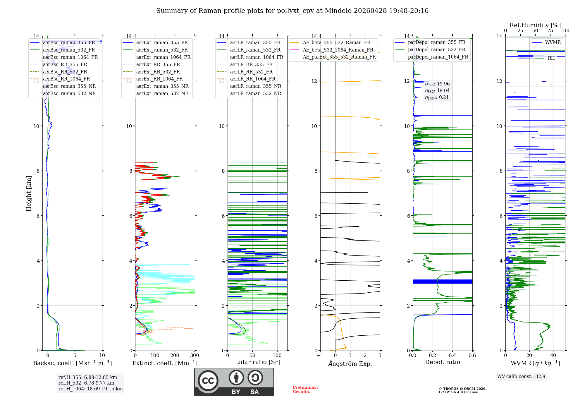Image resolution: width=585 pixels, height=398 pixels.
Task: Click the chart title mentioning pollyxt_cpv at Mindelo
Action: pyautogui.click(x=292, y=11)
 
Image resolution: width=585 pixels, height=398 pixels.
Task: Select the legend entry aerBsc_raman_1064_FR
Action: pyautogui.click(x=70, y=57)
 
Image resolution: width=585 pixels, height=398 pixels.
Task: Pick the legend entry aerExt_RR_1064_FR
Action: pyautogui.click(x=159, y=79)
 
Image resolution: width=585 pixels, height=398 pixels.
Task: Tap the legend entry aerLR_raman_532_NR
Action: pyautogui.click(x=255, y=93)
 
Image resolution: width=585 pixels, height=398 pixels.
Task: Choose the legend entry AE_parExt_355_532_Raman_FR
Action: pyautogui.click(x=339, y=57)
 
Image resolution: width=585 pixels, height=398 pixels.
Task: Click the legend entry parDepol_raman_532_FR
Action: pyautogui.click(x=436, y=49)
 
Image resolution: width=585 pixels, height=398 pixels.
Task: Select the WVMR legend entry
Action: pyautogui.click(x=553, y=42)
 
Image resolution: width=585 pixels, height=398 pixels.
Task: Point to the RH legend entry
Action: pyautogui.click(x=551, y=58)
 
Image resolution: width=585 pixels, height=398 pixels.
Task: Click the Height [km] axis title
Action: pyautogui.click(x=29, y=193)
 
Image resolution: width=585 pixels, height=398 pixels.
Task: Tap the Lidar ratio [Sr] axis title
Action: pyautogui.click(x=257, y=362)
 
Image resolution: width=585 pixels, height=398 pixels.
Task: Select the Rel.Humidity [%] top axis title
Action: pyautogui.click(x=535, y=25)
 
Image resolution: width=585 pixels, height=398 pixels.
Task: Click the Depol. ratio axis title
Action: pyautogui.click(x=442, y=362)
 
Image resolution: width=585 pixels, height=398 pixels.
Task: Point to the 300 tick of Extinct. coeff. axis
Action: pyautogui.click(x=195, y=356)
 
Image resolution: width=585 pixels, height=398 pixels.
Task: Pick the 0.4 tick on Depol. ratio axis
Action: pyautogui.click(x=452, y=356)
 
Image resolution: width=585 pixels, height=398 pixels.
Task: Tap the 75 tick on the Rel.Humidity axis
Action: pyautogui.click(x=550, y=31)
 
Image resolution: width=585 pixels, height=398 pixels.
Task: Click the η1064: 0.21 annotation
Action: pyautogui.click(x=437, y=97)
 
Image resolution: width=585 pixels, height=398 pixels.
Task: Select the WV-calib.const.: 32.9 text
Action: pyautogui.click(x=521, y=376)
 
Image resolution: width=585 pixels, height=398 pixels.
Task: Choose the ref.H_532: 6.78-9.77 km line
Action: pyautogui.click(x=86, y=383)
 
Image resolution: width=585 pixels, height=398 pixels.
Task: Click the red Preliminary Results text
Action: pyautogui.click(x=305, y=389)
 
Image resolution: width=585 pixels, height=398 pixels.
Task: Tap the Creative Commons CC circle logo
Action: pyautogui.click(x=208, y=380)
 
